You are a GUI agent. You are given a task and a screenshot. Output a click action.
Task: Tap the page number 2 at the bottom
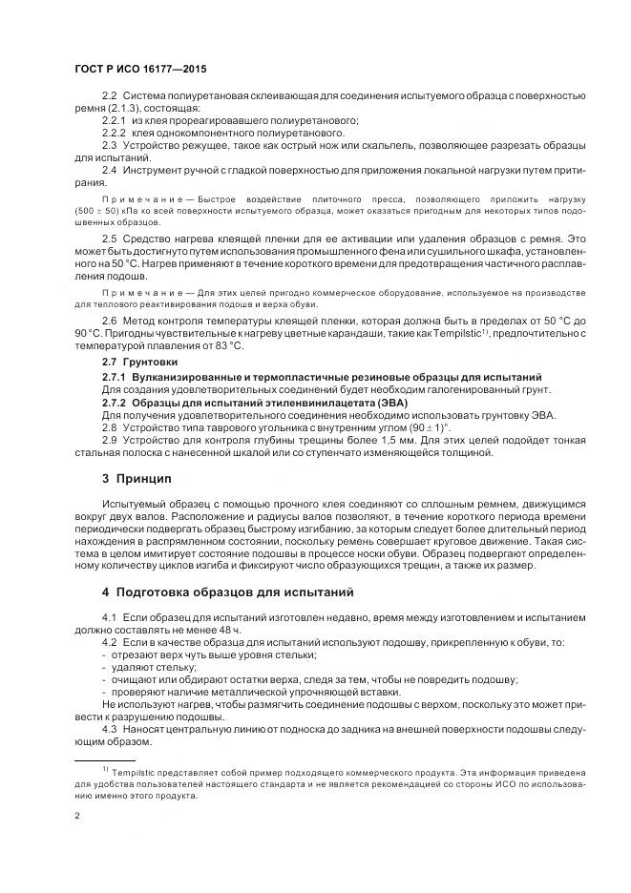76,816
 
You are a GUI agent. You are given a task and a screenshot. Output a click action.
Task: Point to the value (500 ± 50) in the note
96,207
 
